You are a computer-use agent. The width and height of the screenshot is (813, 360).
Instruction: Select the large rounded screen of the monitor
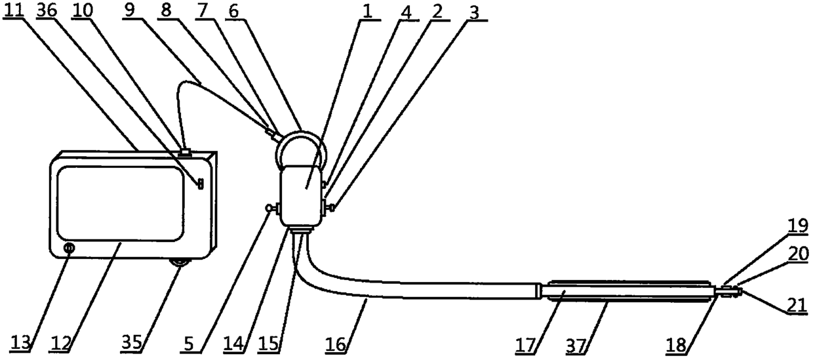pos(119,203)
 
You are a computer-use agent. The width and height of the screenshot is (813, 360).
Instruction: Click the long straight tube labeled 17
pos(626,290)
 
